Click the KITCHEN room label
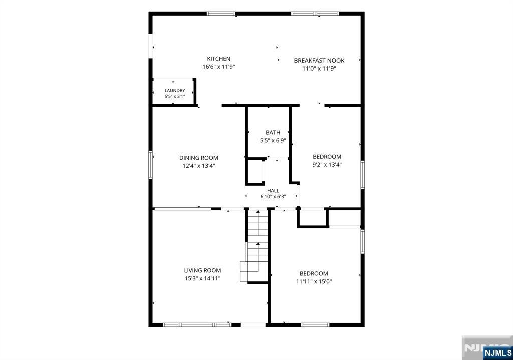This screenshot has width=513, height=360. point(218,59)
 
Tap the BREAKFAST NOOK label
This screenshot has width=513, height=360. point(319,61)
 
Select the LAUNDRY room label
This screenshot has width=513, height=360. point(175,90)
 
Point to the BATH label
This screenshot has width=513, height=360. point(273,133)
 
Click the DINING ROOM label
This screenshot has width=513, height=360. point(198,158)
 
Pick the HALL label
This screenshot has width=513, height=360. point(273,191)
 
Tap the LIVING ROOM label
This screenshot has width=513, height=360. point(202,271)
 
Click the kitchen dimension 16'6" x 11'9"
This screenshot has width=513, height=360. point(219,67)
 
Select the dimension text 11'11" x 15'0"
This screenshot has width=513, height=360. point(314,281)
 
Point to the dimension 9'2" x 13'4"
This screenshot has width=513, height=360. point(327,165)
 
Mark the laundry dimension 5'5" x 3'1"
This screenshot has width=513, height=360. point(175,97)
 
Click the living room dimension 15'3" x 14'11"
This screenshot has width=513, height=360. point(202,279)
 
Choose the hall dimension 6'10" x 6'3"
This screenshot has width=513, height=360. point(273,197)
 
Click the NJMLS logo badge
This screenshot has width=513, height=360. point(497,353)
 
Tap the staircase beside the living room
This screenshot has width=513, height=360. point(254,246)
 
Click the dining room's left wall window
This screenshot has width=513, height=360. point(150,165)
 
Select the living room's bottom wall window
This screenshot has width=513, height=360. point(197,325)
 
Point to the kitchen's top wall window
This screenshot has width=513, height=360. point(221,14)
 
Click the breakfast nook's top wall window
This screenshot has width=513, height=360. point(315,14)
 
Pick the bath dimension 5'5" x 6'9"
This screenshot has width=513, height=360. point(273,141)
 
